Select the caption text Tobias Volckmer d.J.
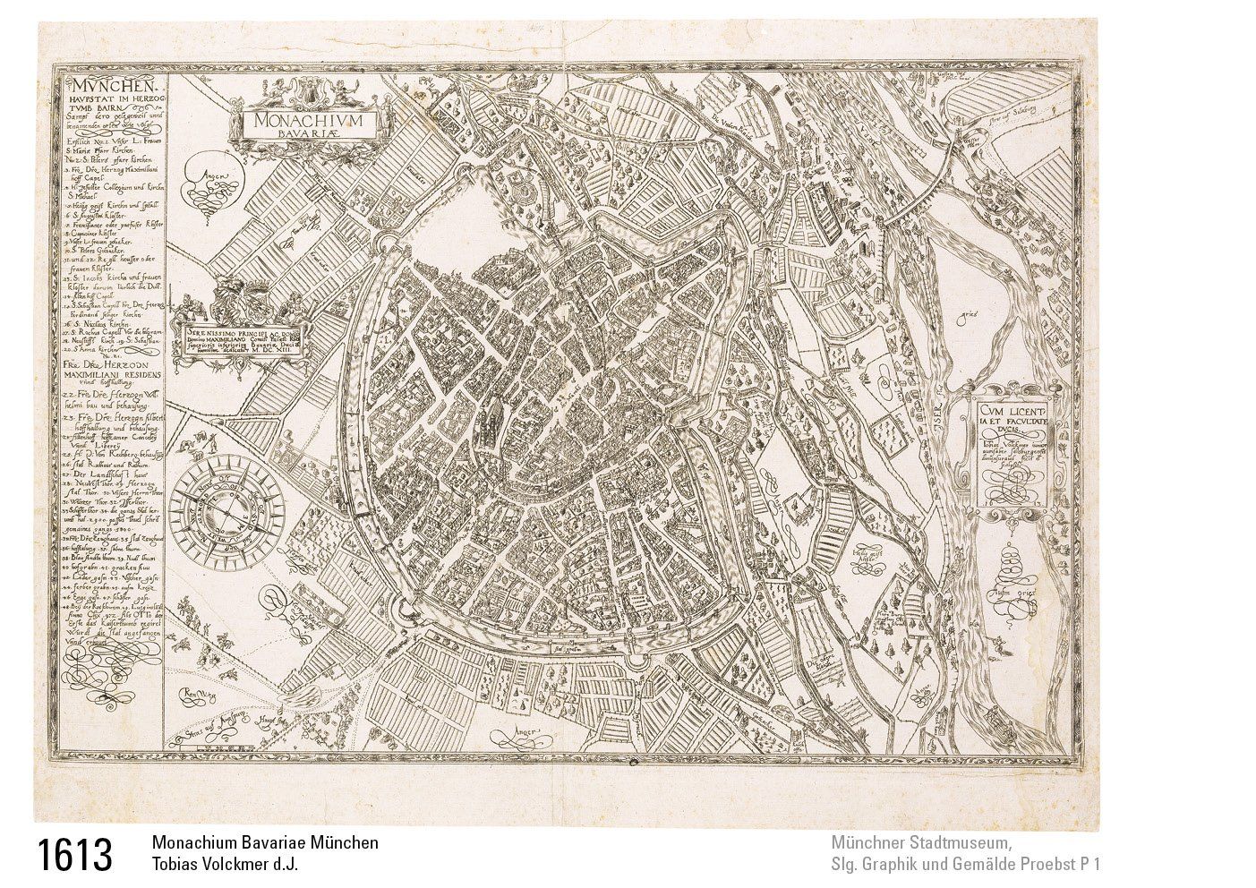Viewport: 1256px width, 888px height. (225, 865)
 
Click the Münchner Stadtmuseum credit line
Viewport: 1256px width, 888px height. (921, 843)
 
